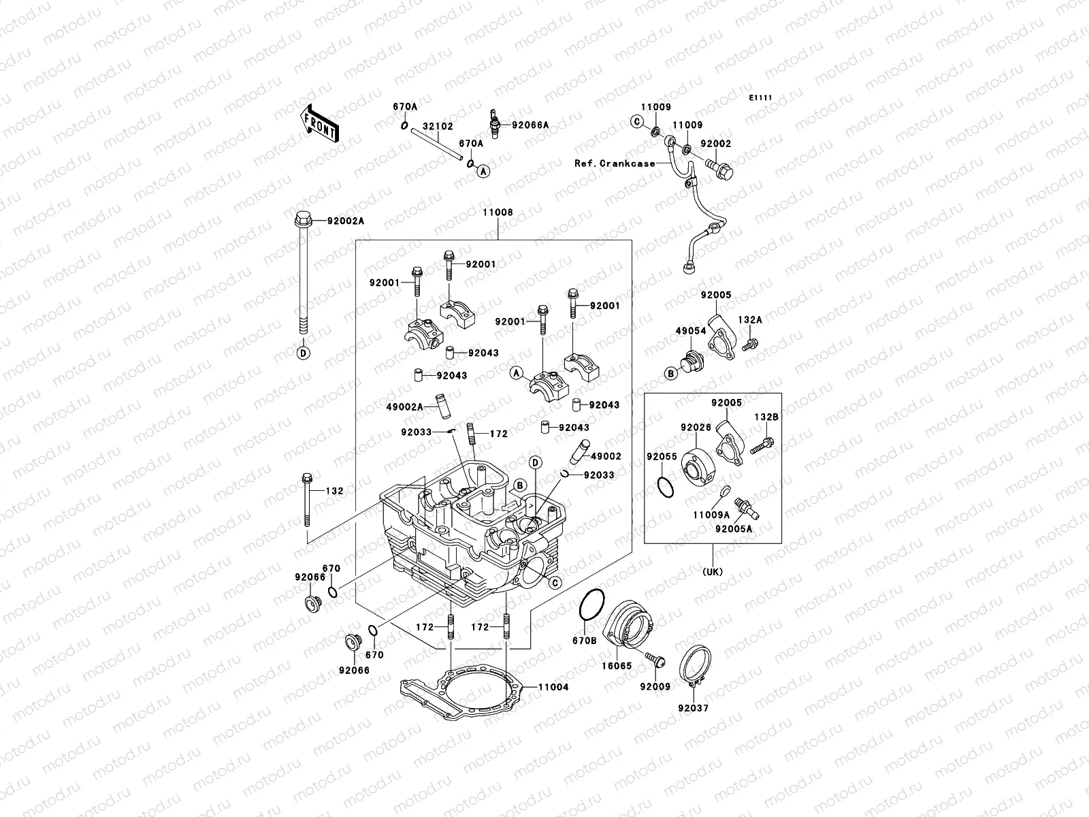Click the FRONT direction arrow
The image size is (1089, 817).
click(x=320, y=124)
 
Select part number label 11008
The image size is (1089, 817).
click(x=498, y=213)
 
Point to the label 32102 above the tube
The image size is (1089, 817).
click(x=438, y=127)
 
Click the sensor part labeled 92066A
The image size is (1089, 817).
click(x=493, y=124)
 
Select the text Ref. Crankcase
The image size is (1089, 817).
click(x=615, y=163)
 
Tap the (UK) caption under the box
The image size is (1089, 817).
click(x=712, y=572)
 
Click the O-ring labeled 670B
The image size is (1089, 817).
click(x=591, y=605)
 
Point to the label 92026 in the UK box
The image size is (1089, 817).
click(x=696, y=428)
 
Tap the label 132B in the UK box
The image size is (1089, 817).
click(x=765, y=417)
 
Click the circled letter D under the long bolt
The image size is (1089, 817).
click(x=303, y=353)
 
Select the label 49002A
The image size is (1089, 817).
click(x=404, y=406)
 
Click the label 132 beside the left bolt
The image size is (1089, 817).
click(x=334, y=491)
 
